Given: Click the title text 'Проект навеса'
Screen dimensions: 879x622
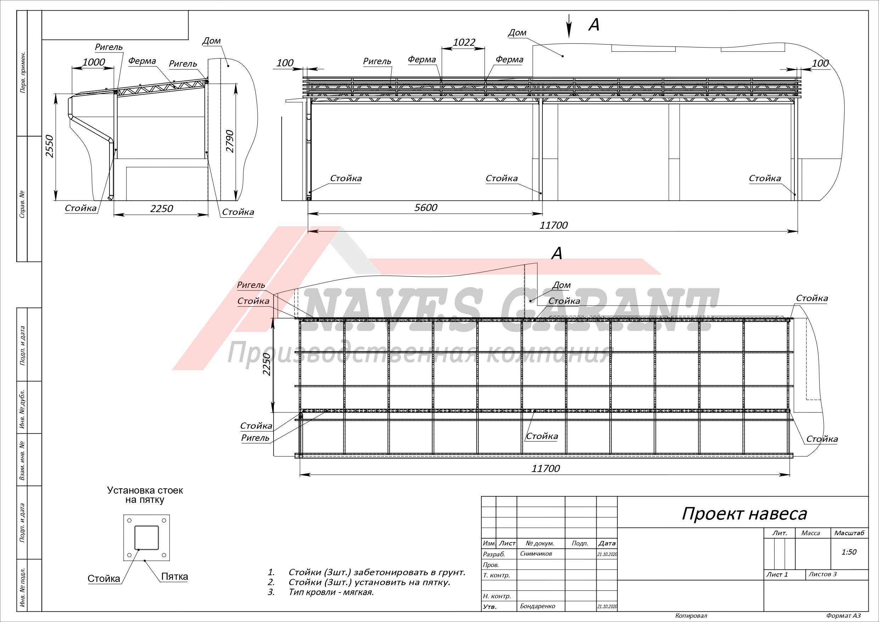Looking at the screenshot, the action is tap(744, 514).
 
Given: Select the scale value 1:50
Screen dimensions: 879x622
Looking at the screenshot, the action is tap(849, 552).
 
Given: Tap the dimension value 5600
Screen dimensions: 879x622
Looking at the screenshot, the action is tap(426, 207).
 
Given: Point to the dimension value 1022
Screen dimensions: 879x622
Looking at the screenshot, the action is tap(464, 42).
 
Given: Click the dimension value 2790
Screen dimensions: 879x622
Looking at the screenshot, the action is tap(229, 141).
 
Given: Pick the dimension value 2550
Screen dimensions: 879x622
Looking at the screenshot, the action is tap(49, 146).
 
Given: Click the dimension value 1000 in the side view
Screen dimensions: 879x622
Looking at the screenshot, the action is tap(94, 62).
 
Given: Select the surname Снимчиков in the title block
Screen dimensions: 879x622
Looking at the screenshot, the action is tap(536, 554).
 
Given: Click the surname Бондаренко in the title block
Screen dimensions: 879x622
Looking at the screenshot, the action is tap(537, 606).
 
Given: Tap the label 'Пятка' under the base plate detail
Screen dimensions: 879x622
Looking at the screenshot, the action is tap(175, 576).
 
